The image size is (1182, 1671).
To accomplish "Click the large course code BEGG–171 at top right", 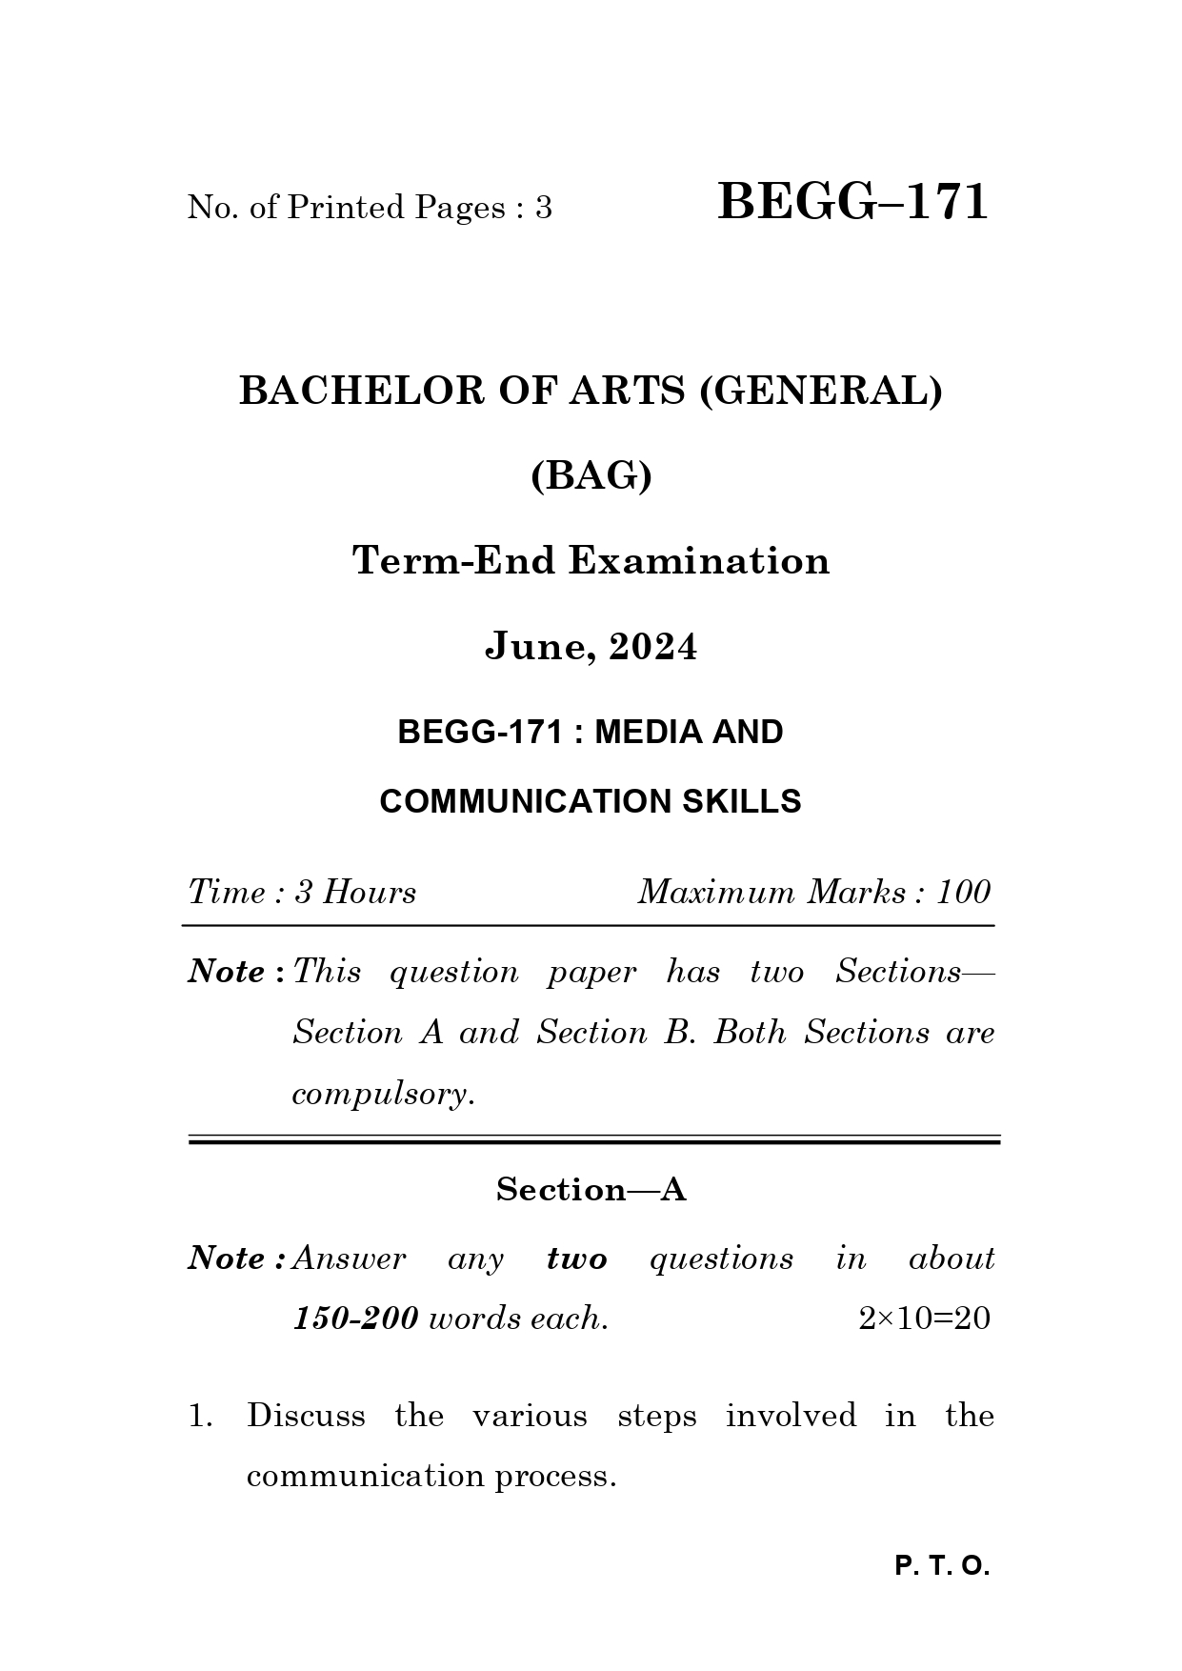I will [852, 202].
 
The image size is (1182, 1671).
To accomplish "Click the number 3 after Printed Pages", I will [543, 208].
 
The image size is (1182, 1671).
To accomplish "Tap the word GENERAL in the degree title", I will [820, 391].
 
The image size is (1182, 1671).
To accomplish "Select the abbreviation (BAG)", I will [591, 475].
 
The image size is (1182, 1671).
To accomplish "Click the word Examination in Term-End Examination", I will [699, 560].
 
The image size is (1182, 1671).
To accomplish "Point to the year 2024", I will [652, 647].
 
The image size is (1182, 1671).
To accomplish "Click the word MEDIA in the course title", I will [647, 732].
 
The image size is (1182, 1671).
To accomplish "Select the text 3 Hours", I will [355, 893].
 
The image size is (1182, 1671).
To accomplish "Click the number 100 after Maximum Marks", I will [963, 893].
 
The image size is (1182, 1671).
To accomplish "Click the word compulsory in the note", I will [381, 1094].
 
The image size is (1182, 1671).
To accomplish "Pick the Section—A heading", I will [591, 1189].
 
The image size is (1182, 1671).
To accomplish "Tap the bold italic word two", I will [576, 1258].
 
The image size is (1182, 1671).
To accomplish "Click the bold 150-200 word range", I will [355, 1319].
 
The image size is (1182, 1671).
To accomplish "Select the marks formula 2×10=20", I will [923, 1319].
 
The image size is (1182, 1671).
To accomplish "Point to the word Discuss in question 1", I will [306, 1416].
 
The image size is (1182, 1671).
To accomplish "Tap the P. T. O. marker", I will [942, 1567].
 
